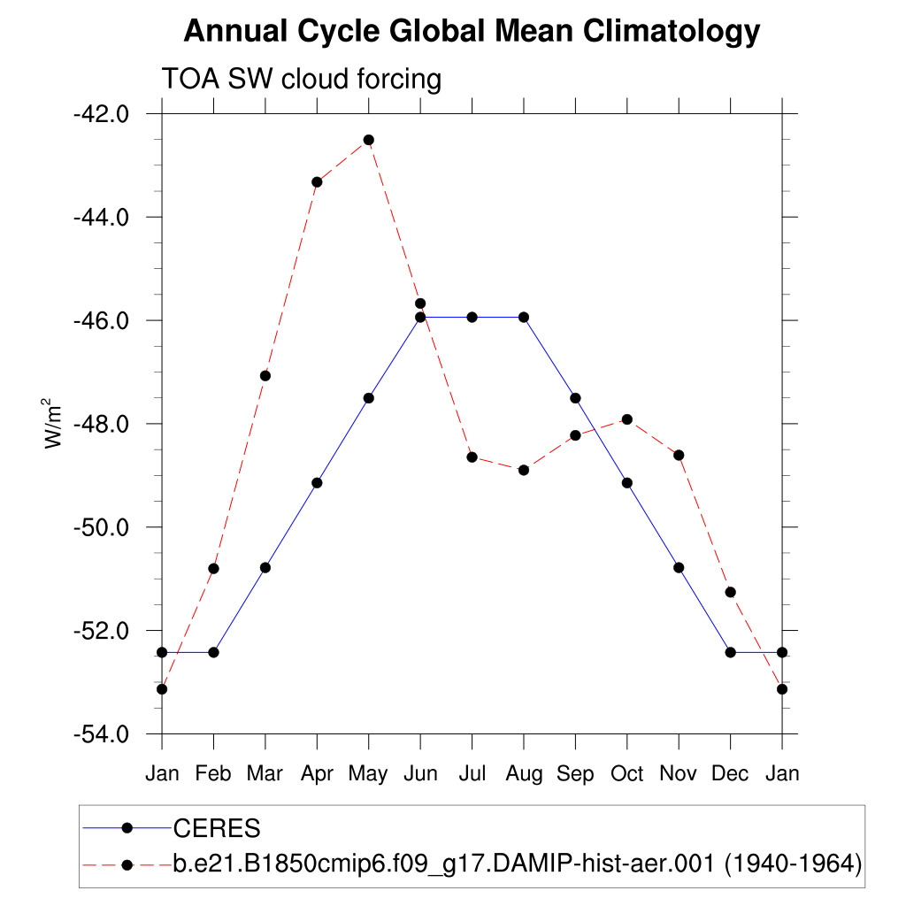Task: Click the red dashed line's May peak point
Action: pyautogui.click(x=368, y=140)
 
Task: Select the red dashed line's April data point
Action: pyautogui.click(x=317, y=182)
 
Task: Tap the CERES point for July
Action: pyautogui.click(x=472, y=317)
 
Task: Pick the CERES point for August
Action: pyautogui.click(x=524, y=317)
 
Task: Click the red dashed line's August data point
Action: pyautogui.click(x=524, y=470)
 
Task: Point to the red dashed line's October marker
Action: pyautogui.click(x=627, y=419)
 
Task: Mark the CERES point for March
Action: pyautogui.click(x=265, y=567)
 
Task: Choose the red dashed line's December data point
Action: pyautogui.click(x=730, y=592)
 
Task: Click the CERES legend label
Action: pyautogui.click(x=217, y=828)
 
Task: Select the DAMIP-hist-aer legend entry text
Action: pyautogui.click(x=517, y=864)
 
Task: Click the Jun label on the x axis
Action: pyautogui.click(x=420, y=774)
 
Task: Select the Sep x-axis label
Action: pyautogui.click(x=575, y=774)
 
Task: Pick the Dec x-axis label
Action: pyautogui.click(x=730, y=774)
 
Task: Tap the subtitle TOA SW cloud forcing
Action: pyautogui.click(x=301, y=80)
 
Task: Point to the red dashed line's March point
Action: pyautogui.click(x=265, y=376)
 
